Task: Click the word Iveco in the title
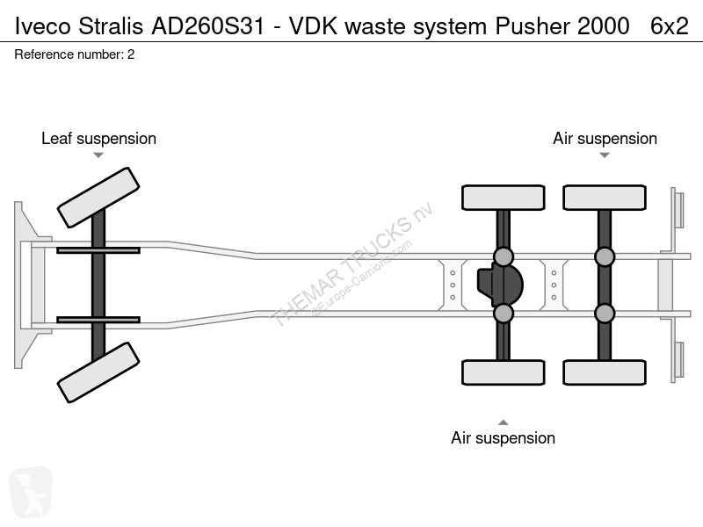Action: (x=42, y=25)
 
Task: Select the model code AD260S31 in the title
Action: (x=208, y=25)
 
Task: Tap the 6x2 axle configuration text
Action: (x=670, y=25)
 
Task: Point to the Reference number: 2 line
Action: (x=75, y=54)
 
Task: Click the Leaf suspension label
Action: (x=98, y=139)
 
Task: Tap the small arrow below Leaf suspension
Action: (x=98, y=155)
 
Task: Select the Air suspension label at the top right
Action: (x=605, y=139)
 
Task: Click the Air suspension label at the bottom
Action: (x=503, y=437)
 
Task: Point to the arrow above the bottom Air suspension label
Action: (x=503, y=422)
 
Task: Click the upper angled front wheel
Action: (x=98, y=198)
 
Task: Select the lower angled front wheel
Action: (x=98, y=372)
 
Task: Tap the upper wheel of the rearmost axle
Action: (x=605, y=198)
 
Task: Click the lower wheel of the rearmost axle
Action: (x=605, y=372)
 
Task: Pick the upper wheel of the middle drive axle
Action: (x=503, y=198)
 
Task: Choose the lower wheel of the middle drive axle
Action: (x=503, y=372)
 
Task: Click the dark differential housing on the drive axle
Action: (x=500, y=285)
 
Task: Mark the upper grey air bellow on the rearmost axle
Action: (x=605, y=256)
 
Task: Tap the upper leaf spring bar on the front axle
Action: (x=98, y=250)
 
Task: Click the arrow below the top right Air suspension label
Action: (x=605, y=155)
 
